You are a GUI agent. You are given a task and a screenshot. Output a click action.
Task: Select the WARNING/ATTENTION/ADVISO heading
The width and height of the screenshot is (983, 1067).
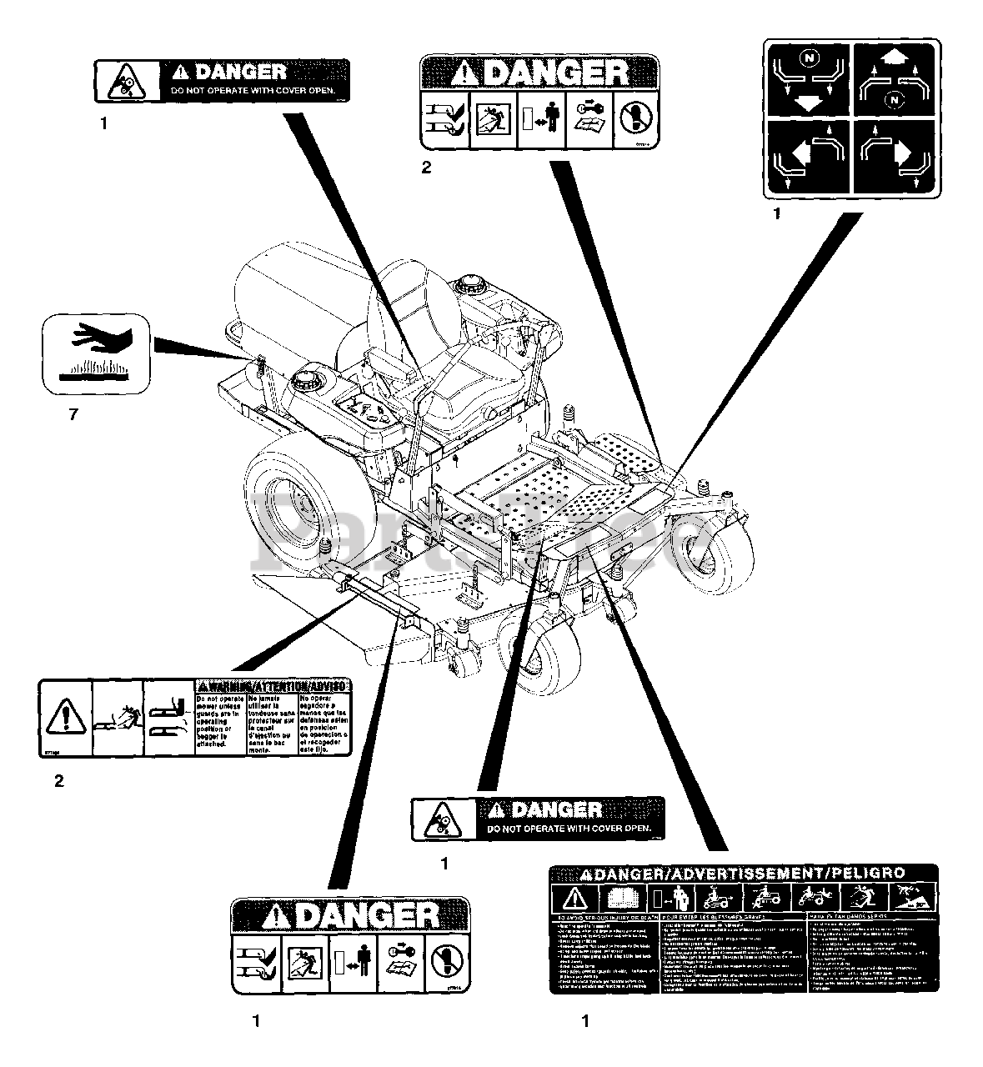(273, 685)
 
